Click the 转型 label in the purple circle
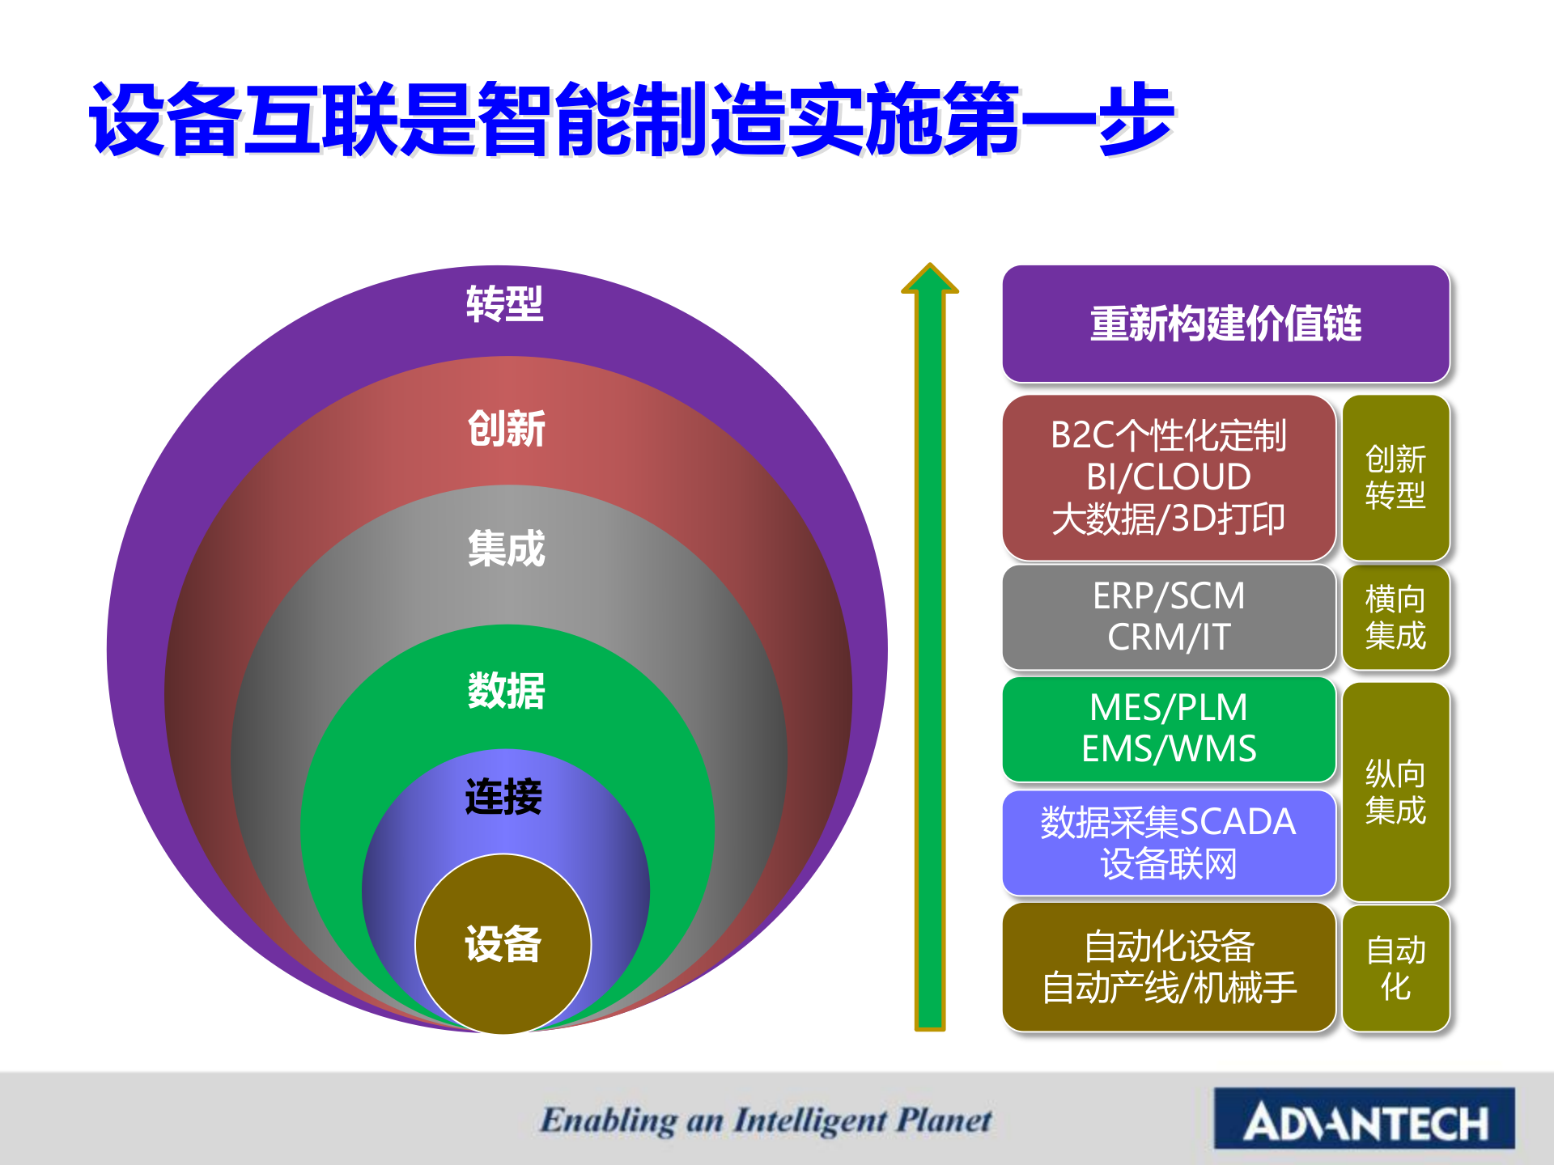pyautogui.click(x=504, y=305)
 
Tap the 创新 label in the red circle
pyautogui.click(x=507, y=429)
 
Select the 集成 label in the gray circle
pyautogui.click(x=507, y=549)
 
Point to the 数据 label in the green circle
pyautogui.click(x=507, y=691)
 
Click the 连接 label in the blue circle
pyautogui.click(x=503, y=797)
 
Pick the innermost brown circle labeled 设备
pyautogui.click(x=503, y=944)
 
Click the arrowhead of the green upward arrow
pyautogui.click(x=930, y=279)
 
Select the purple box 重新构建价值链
pyautogui.click(x=1225, y=324)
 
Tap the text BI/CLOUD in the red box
pyautogui.click(x=1169, y=477)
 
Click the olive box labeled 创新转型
pyautogui.click(x=1395, y=477)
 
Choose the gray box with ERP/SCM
pyautogui.click(x=1169, y=616)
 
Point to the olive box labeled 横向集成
pyautogui.click(x=1395, y=617)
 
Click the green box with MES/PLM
pyautogui.click(x=1169, y=728)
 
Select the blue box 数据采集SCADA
pyautogui.click(x=1169, y=842)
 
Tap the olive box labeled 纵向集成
pyautogui.click(x=1395, y=792)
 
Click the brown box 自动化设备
pyautogui.click(x=1169, y=967)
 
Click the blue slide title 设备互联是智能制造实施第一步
pyautogui.click(x=631, y=119)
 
